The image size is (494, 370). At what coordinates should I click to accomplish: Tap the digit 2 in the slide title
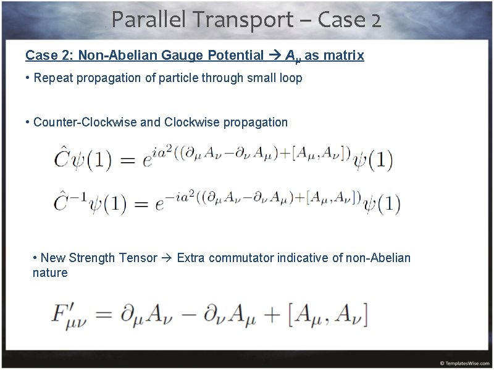[377, 21]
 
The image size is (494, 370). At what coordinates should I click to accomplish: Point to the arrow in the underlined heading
[275, 55]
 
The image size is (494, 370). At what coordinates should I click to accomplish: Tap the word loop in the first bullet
[290, 78]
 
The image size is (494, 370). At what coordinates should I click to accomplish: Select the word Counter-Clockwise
[85, 122]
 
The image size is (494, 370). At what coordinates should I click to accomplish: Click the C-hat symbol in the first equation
[62, 160]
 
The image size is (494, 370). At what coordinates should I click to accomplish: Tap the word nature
[50, 273]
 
